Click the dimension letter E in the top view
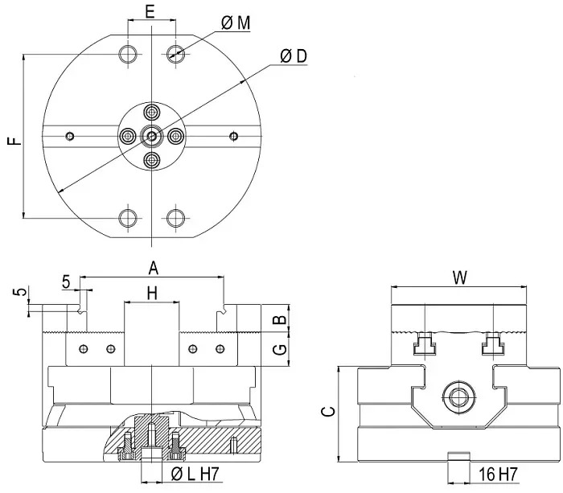click(x=150, y=11)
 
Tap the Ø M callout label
click(x=236, y=23)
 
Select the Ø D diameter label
click(x=294, y=56)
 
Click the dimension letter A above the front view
click(x=154, y=269)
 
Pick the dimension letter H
click(x=152, y=294)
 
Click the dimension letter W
click(x=460, y=277)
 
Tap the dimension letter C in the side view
click(x=327, y=412)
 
